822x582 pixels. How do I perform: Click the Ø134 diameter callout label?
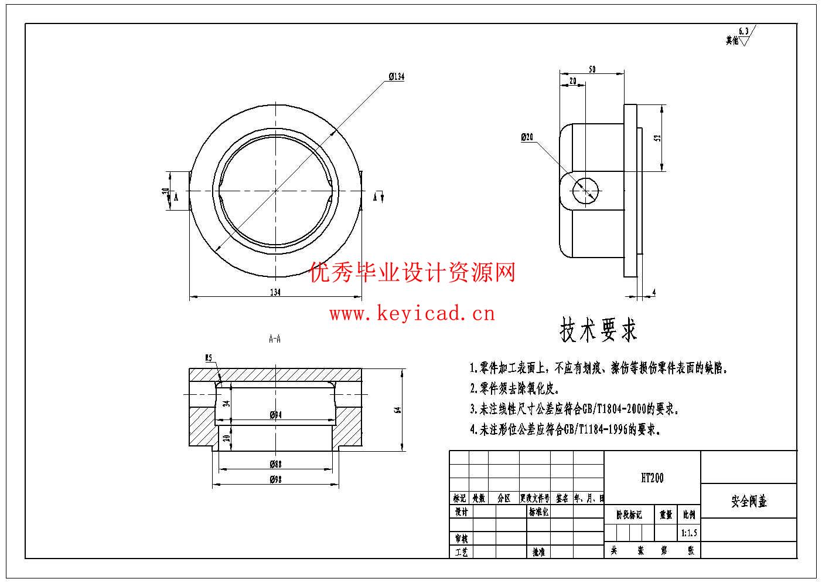tap(397, 77)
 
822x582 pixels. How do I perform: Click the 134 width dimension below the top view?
tap(275, 292)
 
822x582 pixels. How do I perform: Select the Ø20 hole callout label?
tap(528, 137)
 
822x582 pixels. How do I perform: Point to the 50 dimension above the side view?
tap(592, 69)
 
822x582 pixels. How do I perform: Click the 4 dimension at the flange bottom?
tap(654, 292)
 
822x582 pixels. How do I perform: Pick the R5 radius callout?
tap(208, 357)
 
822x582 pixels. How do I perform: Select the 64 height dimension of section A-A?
tap(397, 410)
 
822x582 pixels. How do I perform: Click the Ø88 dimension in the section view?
tap(276, 464)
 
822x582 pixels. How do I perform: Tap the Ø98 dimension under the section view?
tap(276, 479)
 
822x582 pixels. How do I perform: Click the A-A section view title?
tap(274, 339)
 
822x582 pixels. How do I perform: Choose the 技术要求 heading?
tap(598, 330)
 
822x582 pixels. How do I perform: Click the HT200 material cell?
tap(652, 478)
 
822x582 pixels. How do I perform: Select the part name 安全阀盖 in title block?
tap(749, 502)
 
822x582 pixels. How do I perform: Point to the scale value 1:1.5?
tap(689, 533)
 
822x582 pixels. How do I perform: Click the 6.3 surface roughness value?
tap(744, 31)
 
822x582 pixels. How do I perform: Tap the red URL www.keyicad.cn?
tap(412, 314)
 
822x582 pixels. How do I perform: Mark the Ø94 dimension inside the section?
tap(276, 415)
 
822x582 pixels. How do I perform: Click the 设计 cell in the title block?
tap(461, 512)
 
